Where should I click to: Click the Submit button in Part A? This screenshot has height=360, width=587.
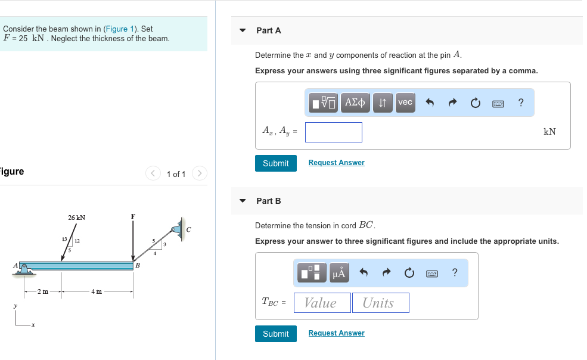tap(275, 163)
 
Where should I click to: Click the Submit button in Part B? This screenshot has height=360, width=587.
tap(275, 334)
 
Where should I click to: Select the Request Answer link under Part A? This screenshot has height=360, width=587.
tap(336, 163)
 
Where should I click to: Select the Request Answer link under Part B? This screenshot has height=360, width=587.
tap(336, 333)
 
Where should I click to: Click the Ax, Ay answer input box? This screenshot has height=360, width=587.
tap(333, 132)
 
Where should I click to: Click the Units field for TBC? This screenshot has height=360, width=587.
tap(380, 303)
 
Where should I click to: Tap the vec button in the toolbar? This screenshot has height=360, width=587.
tap(405, 103)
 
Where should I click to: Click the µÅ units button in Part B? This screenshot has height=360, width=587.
tap(339, 273)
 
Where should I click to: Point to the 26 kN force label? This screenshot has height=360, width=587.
tap(76, 218)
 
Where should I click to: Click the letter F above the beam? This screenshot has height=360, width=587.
tap(133, 216)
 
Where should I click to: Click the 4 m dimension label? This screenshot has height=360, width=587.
tap(97, 291)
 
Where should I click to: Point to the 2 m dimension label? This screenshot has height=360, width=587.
tap(43, 291)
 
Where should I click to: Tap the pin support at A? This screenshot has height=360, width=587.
tap(25, 269)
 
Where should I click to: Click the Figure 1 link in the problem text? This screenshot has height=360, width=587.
tap(116, 29)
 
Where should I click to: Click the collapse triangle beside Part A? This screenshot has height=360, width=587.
tap(243, 30)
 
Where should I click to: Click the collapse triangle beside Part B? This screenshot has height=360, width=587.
tap(243, 201)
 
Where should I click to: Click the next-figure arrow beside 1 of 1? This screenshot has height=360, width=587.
tap(200, 174)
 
